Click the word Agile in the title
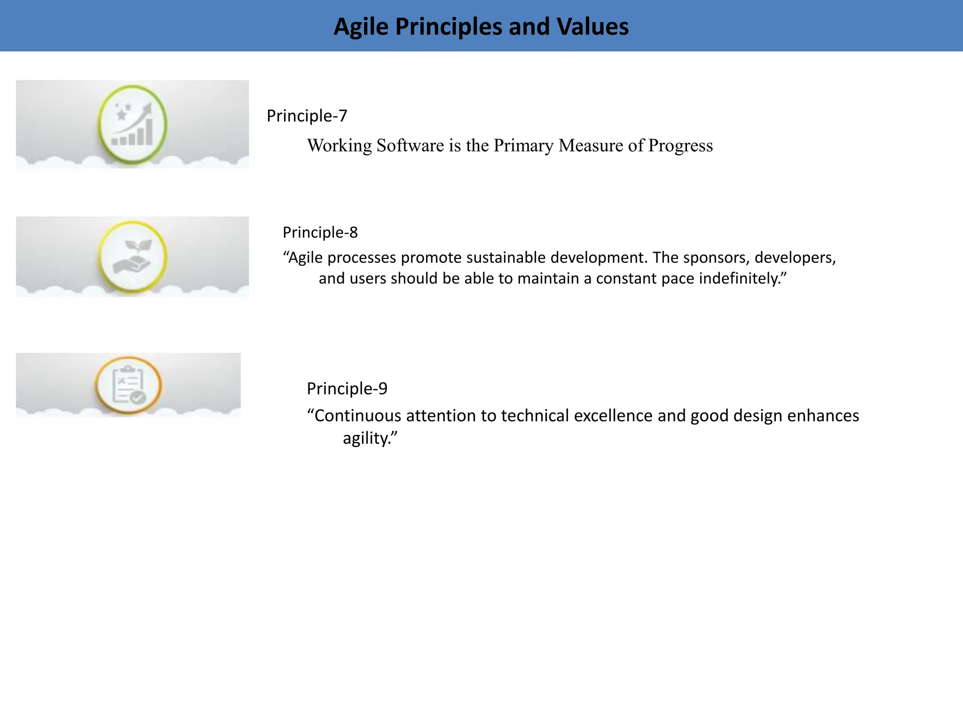click(361, 27)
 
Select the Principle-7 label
click(307, 116)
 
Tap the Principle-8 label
click(320, 232)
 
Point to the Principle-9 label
click(347, 388)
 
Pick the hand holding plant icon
click(132, 257)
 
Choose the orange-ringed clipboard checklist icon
click(128, 385)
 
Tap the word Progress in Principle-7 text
click(680, 146)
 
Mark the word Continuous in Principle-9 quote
click(357, 416)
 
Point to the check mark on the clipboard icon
click(138, 398)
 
